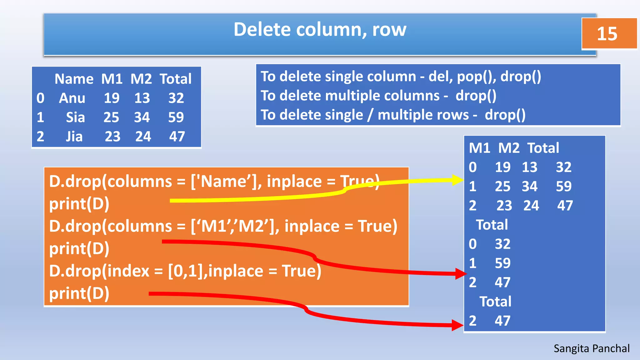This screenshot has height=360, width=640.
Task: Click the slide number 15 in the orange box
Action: coord(607,33)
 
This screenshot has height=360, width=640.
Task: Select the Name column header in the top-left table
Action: coord(74,79)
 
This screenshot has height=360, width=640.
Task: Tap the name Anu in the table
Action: coord(72,98)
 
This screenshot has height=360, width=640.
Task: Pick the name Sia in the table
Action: coord(75,117)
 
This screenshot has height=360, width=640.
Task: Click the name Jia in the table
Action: coord(74,137)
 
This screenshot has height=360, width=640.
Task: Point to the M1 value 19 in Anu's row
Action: coord(112,98)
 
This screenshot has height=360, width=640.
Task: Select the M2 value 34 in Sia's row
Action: coord(142,117)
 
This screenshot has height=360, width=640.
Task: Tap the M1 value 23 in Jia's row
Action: coord(112,137)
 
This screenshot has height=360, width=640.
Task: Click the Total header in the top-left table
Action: coord(176,79)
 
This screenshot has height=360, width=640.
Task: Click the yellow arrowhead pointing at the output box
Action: coord(457,180)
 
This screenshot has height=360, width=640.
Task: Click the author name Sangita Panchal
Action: coord(591,348)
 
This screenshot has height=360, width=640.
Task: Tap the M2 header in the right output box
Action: coord(508,148)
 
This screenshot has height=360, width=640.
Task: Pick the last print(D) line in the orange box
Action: coord(79,293)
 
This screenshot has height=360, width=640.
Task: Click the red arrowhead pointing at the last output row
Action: coord(458,325)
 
